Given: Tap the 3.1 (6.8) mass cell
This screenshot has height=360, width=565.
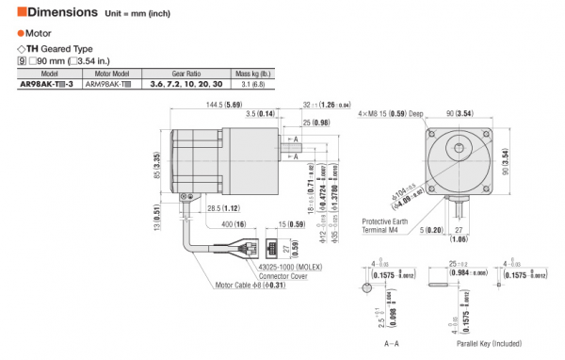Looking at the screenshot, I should coord(252,84).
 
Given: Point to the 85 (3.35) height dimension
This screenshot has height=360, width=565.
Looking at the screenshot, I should coord(158,166).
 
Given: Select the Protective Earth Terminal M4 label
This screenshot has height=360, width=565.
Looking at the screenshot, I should coord(388,226).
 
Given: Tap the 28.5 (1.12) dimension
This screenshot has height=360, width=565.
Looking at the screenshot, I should coord(222,207).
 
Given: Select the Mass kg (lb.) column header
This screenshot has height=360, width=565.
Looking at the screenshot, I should coord(252,73).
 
